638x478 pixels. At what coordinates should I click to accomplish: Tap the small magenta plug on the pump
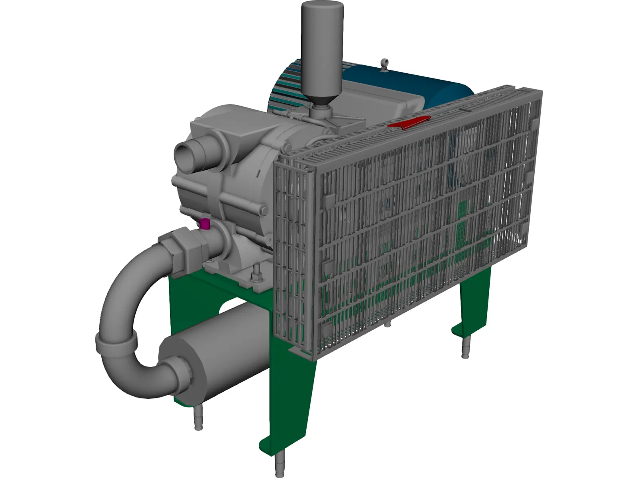pos(205,224)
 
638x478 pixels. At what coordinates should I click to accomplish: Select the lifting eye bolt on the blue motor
pos(385,65)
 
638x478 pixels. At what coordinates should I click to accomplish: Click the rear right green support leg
pos(475,303)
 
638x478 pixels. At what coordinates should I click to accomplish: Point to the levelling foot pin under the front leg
pos(280,466)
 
